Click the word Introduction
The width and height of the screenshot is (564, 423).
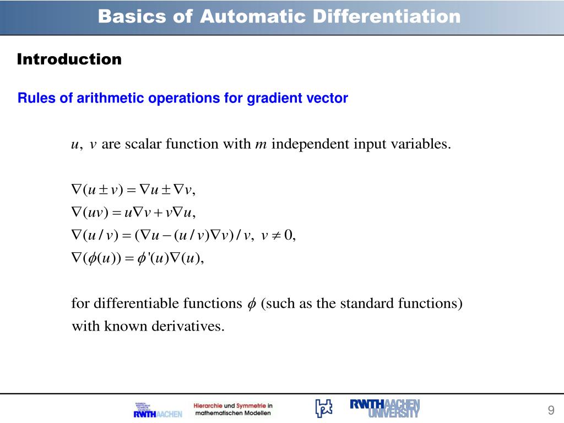(69, 59)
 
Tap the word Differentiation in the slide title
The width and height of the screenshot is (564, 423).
(386, 17)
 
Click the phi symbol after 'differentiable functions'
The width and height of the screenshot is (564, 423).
(251, 304)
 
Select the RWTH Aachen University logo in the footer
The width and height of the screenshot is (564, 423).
(385, 408)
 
